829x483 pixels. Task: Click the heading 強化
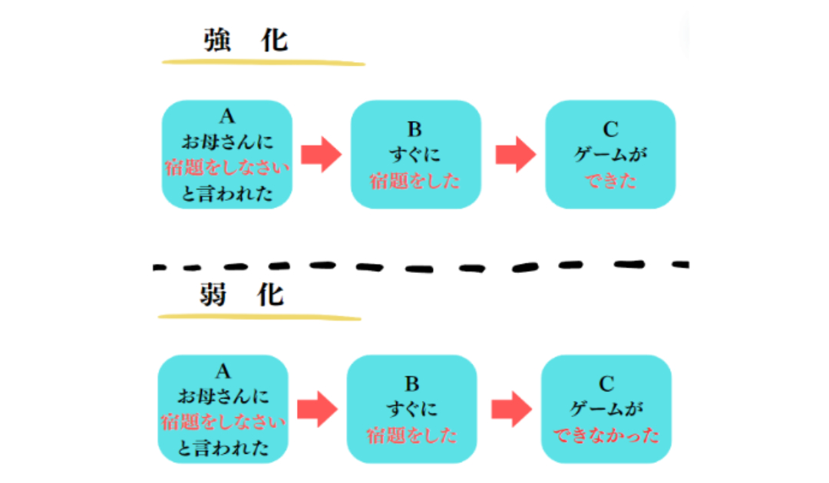pos(246,40)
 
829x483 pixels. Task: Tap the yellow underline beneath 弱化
pos(259,315)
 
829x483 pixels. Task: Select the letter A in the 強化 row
pos(226,117)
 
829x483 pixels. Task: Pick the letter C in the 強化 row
pos(610,130)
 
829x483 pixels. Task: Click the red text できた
pos(610,182)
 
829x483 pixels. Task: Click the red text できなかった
pos(606,436)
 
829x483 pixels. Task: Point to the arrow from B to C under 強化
pos(514,154)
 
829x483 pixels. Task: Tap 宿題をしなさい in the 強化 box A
pos(227,168)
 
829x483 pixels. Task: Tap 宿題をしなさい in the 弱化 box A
pos(223,422)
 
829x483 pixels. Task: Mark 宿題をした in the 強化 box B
pos(415,182)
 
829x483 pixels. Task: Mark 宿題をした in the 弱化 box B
pos(411,436)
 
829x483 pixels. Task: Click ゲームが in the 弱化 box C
pos(606,410)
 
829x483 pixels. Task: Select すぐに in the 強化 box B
pos(415,156)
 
